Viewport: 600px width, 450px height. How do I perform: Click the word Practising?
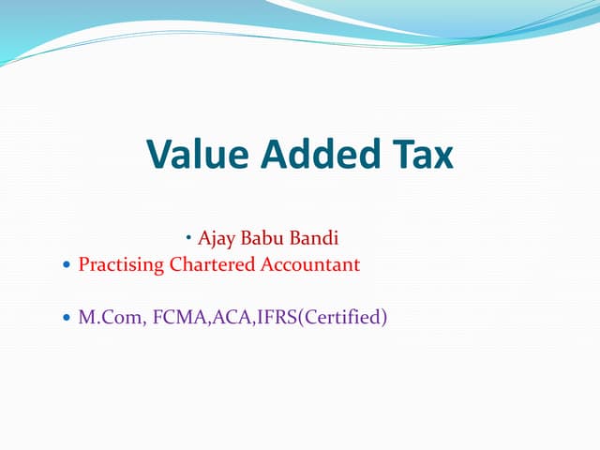tap(121, 265)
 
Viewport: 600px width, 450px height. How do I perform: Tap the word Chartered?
tap(210, 265)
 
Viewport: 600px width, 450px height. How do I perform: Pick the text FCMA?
tap(172, 318)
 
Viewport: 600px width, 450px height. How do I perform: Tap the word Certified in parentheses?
tap(339, 318)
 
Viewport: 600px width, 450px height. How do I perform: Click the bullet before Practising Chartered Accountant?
tap(65, 266)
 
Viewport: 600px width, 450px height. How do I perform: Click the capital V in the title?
tap(161, 155)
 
